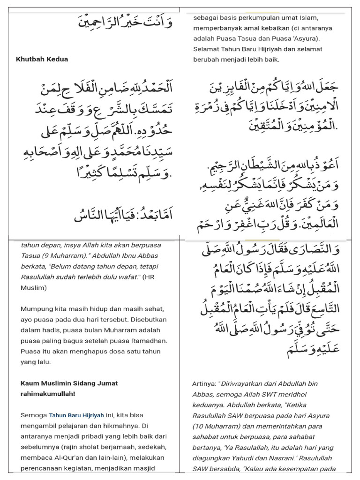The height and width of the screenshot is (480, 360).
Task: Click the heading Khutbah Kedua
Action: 42,59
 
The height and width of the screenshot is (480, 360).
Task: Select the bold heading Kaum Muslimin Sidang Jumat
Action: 69,383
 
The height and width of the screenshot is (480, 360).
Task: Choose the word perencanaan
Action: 43,468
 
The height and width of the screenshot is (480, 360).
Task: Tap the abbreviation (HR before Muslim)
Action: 148,277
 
